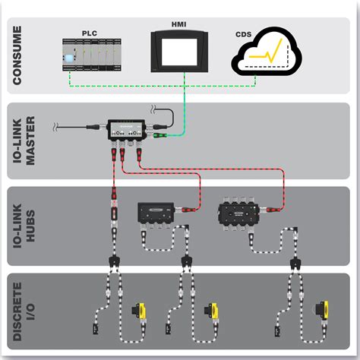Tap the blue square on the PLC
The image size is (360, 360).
tap(71, 58)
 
